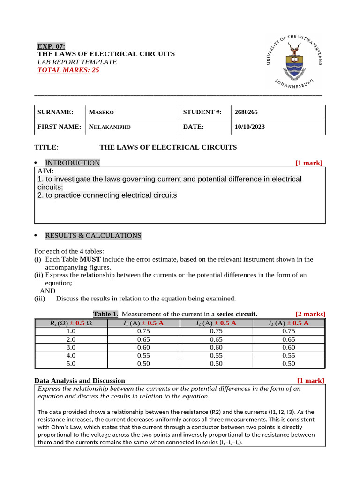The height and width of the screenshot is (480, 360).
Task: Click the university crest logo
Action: pyautogui.click(x=295, y=61)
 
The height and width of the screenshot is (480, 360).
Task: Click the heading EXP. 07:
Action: pyautogui.click(x=52, y=46)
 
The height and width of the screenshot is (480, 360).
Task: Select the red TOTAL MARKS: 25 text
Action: pyautogui.click(x=68, y=70)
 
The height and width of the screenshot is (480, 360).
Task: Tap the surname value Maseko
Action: pyautogui.click(x=102, y=112)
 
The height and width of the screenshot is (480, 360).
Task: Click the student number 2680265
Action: pyautogui.click(x=246, y=112)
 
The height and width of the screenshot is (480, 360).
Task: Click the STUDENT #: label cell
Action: pyautogui.click(x=202, y=112)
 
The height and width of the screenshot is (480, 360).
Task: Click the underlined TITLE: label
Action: pyautogui.click(x=46, y=147)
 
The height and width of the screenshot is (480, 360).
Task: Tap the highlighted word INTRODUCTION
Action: pyautogui.click(x=72, y=163)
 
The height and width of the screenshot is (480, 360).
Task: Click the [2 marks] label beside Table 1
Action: pyautogui.click(x=310, y=314)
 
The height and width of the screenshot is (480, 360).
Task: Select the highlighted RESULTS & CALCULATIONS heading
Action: pyautogui.click(x=93, y=235)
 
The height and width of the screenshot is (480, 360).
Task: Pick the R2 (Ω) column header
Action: pyautogui.click(x=71, y=323)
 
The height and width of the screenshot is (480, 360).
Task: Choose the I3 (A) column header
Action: pyautogui.click(x=288, y=323)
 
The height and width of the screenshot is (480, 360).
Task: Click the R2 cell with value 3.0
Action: pyautogui.click(x=71, y=347)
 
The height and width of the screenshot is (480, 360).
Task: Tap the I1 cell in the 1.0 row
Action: pyautogui.click(x=143, y=331)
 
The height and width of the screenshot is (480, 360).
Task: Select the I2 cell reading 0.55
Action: pyautogui.click(x=216, y=355)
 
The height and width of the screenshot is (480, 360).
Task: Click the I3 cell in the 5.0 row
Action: pyautogui.click(x=289, y=363)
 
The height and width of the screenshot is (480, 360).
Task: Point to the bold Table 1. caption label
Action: pyautogui.click(x=105, y=314)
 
